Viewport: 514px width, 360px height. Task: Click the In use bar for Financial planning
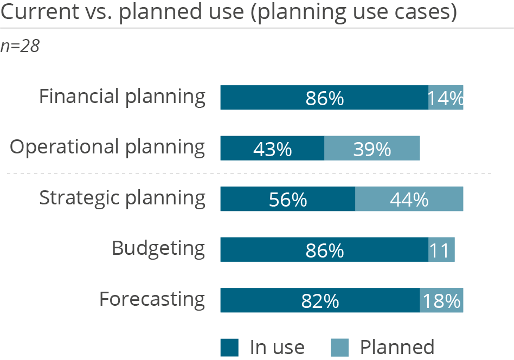324,98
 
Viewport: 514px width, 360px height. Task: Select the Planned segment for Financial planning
446,98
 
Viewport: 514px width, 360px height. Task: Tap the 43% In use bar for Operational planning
272,148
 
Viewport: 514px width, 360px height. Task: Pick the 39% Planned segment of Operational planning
372,148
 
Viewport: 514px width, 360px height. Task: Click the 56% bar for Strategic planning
287,199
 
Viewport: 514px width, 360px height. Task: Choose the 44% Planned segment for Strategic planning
409,199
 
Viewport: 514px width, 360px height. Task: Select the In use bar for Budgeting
324,249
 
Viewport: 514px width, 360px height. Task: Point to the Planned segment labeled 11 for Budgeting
441,249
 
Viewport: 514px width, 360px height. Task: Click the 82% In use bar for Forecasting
319,300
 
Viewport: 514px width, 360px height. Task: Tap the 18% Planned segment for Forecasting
441,300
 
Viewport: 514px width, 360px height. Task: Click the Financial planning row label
122,97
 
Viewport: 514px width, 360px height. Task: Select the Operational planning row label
107,147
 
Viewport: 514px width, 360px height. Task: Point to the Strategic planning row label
122,198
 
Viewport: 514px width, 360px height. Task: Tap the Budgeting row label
158,249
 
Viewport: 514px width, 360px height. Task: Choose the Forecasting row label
152,299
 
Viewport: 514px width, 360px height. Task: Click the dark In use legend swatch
229,347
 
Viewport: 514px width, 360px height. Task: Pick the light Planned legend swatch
340,347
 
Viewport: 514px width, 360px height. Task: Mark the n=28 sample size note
20,47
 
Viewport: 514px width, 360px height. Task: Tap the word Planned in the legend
397,346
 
